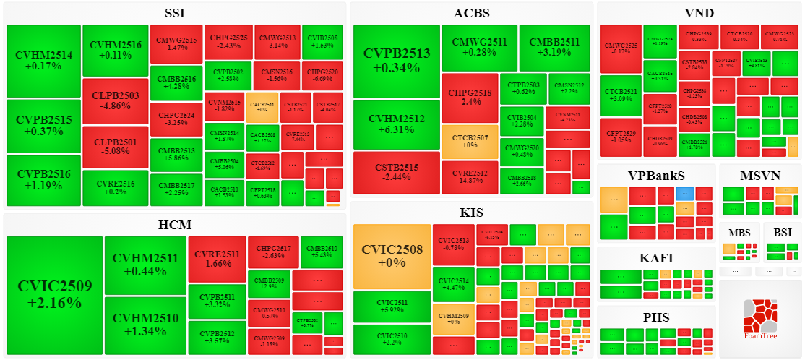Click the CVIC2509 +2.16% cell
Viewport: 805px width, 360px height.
point(55,295)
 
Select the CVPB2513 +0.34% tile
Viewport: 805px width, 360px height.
point(396,61)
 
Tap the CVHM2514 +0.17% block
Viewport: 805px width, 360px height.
point(43,61)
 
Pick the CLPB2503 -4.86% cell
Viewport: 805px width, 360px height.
point(115,100)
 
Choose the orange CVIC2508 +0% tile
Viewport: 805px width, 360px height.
point(392,257)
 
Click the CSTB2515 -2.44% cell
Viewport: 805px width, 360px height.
point(396,173)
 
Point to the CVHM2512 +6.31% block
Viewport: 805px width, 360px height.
point(396,125)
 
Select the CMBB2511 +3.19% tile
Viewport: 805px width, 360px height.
point(554,48)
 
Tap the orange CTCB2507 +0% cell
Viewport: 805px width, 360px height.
point(470,142)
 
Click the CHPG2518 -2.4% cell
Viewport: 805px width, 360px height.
point(470,98)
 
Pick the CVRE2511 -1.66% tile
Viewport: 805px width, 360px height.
point(217,259)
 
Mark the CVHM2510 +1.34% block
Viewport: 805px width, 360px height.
point(145,325)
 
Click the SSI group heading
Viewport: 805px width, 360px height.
point(176,13)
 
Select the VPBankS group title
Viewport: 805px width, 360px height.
point(655,175)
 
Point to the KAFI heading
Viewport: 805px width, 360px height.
point(655,258)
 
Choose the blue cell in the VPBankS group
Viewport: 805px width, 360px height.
point(684,194)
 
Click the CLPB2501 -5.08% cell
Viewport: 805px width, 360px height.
point(115,147)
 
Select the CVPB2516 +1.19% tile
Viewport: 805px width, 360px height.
point(43,180)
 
